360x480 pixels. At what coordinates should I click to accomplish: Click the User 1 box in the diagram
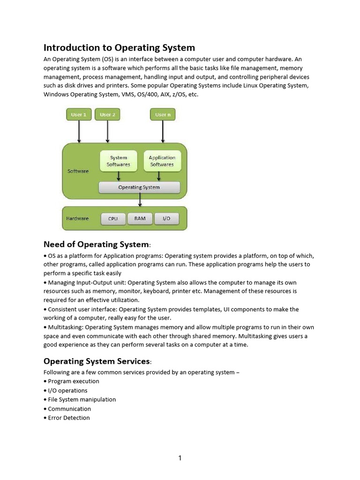(x=79, y=115)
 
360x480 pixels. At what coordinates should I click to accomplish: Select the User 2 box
(x=107, y=115)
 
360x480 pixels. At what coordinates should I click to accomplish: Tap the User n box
(x=163, y=115)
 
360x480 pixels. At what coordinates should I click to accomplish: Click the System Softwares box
(x=119, y=161)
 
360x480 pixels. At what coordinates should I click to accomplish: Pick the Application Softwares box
(x=162, y=161)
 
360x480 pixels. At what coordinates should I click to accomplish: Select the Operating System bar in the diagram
(x=139, y=187)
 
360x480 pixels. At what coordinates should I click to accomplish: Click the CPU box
(x=113, y=218)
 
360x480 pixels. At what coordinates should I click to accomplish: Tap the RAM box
(x=140, y=218)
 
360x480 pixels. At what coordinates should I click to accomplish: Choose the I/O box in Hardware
(x=166, y=218)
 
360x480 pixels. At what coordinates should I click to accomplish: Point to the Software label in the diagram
(x=78, y=171)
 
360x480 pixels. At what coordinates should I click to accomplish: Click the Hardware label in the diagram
(x=78, y=218)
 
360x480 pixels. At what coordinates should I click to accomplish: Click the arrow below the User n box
(x=163, y=132)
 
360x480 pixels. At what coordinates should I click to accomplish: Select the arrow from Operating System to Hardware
(x=140, y=200)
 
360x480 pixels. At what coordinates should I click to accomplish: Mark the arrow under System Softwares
(x=119, y=176)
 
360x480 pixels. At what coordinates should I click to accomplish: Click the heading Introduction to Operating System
(x=119, y=48)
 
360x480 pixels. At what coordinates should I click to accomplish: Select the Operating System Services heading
(x=98, y=361)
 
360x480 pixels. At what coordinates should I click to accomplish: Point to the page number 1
(x=180, y=458)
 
